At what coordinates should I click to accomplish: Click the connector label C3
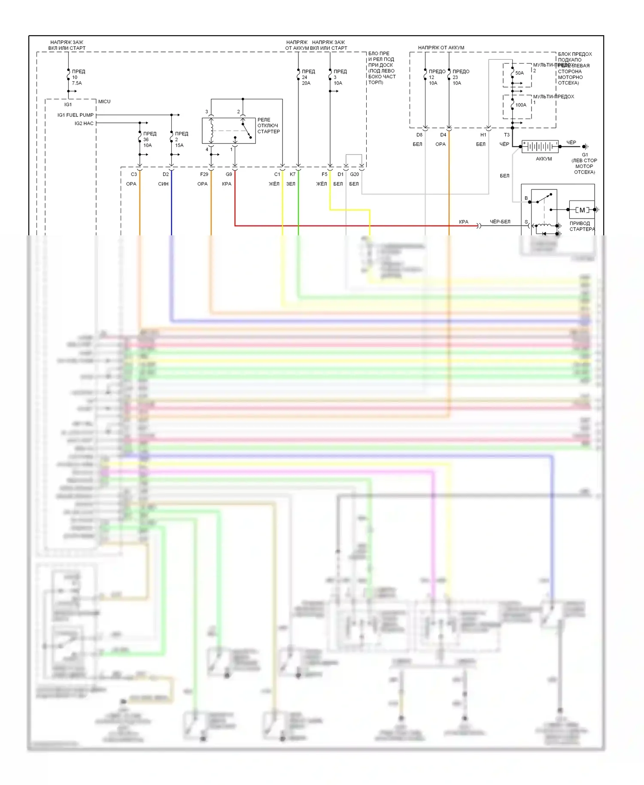coord(134,174)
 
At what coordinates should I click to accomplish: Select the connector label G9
coord(229,174)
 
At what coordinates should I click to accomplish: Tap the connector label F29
coord(204,174)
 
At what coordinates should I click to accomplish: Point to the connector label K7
coord(292,174)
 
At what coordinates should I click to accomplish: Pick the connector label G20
coord(354,174)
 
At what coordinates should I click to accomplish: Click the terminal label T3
coord(507,135)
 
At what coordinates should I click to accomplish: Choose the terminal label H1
coord(483,135)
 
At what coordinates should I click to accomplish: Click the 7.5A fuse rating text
coord(77,83)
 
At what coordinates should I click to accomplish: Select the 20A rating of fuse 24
coord(306,83)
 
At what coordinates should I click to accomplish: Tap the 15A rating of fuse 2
coord(179,146)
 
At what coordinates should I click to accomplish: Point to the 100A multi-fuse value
coord(521,105)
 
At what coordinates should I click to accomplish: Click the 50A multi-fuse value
coord(519,73)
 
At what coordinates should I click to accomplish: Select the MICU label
coord(104,102)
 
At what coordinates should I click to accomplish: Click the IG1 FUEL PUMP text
coord(76,115)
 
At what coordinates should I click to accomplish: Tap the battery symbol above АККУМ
coord(540,146)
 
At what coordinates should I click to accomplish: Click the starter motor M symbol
coord(582,210)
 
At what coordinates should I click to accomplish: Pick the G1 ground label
coord(585,155)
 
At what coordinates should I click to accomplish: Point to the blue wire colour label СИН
coord(163,184)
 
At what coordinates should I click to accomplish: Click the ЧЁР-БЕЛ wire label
coord(500,222)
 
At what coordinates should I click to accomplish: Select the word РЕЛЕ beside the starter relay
coord(264,120)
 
